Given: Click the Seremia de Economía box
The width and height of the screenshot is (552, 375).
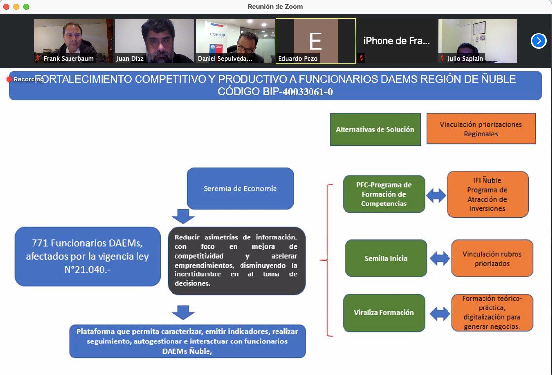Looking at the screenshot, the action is (x=240, y=188).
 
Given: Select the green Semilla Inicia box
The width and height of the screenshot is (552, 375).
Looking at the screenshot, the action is (x=386, y=258).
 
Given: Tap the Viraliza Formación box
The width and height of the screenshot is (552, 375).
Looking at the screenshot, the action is (x=384, y=313).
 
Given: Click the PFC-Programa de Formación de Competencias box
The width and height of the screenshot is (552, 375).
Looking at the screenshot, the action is (x=384, y=194).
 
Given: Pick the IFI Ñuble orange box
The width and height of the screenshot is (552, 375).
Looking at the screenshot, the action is (x=487, y=194).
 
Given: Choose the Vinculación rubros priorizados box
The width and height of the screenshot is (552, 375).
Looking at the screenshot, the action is (x=492, y=258).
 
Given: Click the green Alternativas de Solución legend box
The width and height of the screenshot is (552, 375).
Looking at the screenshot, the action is (x=375, y=129).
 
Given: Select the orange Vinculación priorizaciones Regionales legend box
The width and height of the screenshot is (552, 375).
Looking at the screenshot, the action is (x=481, y=129).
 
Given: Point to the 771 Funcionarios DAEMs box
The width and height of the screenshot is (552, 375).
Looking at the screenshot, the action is (x=88, y=256).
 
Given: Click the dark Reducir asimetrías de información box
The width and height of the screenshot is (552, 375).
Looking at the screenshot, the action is (x=237, y=261).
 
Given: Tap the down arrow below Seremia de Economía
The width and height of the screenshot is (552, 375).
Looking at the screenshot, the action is (x=183, y=216).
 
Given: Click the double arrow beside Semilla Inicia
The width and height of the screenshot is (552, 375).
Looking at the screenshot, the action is (x=440, y=258).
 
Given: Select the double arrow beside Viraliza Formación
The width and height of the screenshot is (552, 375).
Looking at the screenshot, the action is (x=440, y=313).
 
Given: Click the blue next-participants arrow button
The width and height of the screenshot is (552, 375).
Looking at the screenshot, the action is (x=538, y=41).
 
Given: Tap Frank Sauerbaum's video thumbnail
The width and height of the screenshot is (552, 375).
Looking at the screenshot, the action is (x=73, y=41).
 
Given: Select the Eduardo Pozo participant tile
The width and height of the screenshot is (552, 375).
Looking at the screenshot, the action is (x=316, y=41).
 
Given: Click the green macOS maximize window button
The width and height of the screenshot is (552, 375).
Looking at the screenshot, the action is (x=26, y=7).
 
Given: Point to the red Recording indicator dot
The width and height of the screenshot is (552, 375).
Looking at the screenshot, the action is (x=9, y=79).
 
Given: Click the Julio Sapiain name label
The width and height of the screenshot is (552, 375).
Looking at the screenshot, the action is (x=465, y=59).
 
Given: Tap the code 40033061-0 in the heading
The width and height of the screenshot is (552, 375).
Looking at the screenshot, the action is (x=308, y=92).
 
